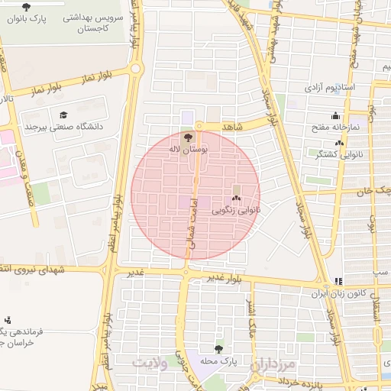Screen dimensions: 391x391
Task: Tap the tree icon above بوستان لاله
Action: click(x=189, y=137)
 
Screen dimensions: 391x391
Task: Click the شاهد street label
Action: click(x=233, y=127)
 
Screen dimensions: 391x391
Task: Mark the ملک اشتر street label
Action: click(x=251, y=321)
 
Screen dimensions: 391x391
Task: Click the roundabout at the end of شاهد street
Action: click(x=199, y=126)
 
